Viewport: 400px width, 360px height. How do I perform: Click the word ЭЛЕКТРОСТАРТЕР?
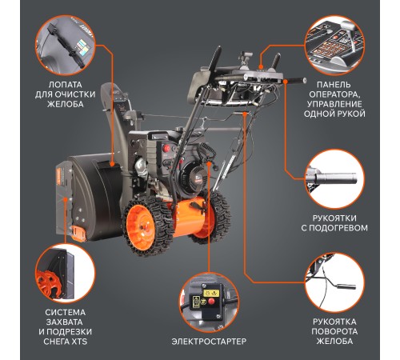click(x=209, y=341)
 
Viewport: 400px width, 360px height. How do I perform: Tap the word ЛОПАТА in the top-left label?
click(x=65, y=85)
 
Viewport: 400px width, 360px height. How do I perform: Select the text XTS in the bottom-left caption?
click(x=79, y=342)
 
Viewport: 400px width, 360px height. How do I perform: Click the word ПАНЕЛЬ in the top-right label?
click(x=334, y=85)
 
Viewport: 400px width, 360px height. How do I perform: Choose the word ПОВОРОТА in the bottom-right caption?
click(x=334, y=331)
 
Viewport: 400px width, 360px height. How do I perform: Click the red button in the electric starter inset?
click(x=211, y=302)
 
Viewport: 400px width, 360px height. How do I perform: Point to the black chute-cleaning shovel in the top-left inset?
click(x=66, y=46)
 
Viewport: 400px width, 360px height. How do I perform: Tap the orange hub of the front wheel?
click(x=140, y=227)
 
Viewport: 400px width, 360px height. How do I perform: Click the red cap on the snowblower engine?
click(x=167, y=147)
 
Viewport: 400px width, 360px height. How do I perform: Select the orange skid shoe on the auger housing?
click(x=78, y=234)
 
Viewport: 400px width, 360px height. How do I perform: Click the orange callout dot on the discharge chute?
click(x=112, y=164)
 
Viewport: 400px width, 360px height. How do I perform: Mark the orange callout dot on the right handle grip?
click(x=286, y=81)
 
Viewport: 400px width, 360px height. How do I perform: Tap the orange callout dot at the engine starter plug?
click(x=209, y=163)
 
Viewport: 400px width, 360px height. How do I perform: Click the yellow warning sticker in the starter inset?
click(x=211, y=293)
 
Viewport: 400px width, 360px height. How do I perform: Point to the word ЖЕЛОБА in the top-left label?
click(x=66, y=104)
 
